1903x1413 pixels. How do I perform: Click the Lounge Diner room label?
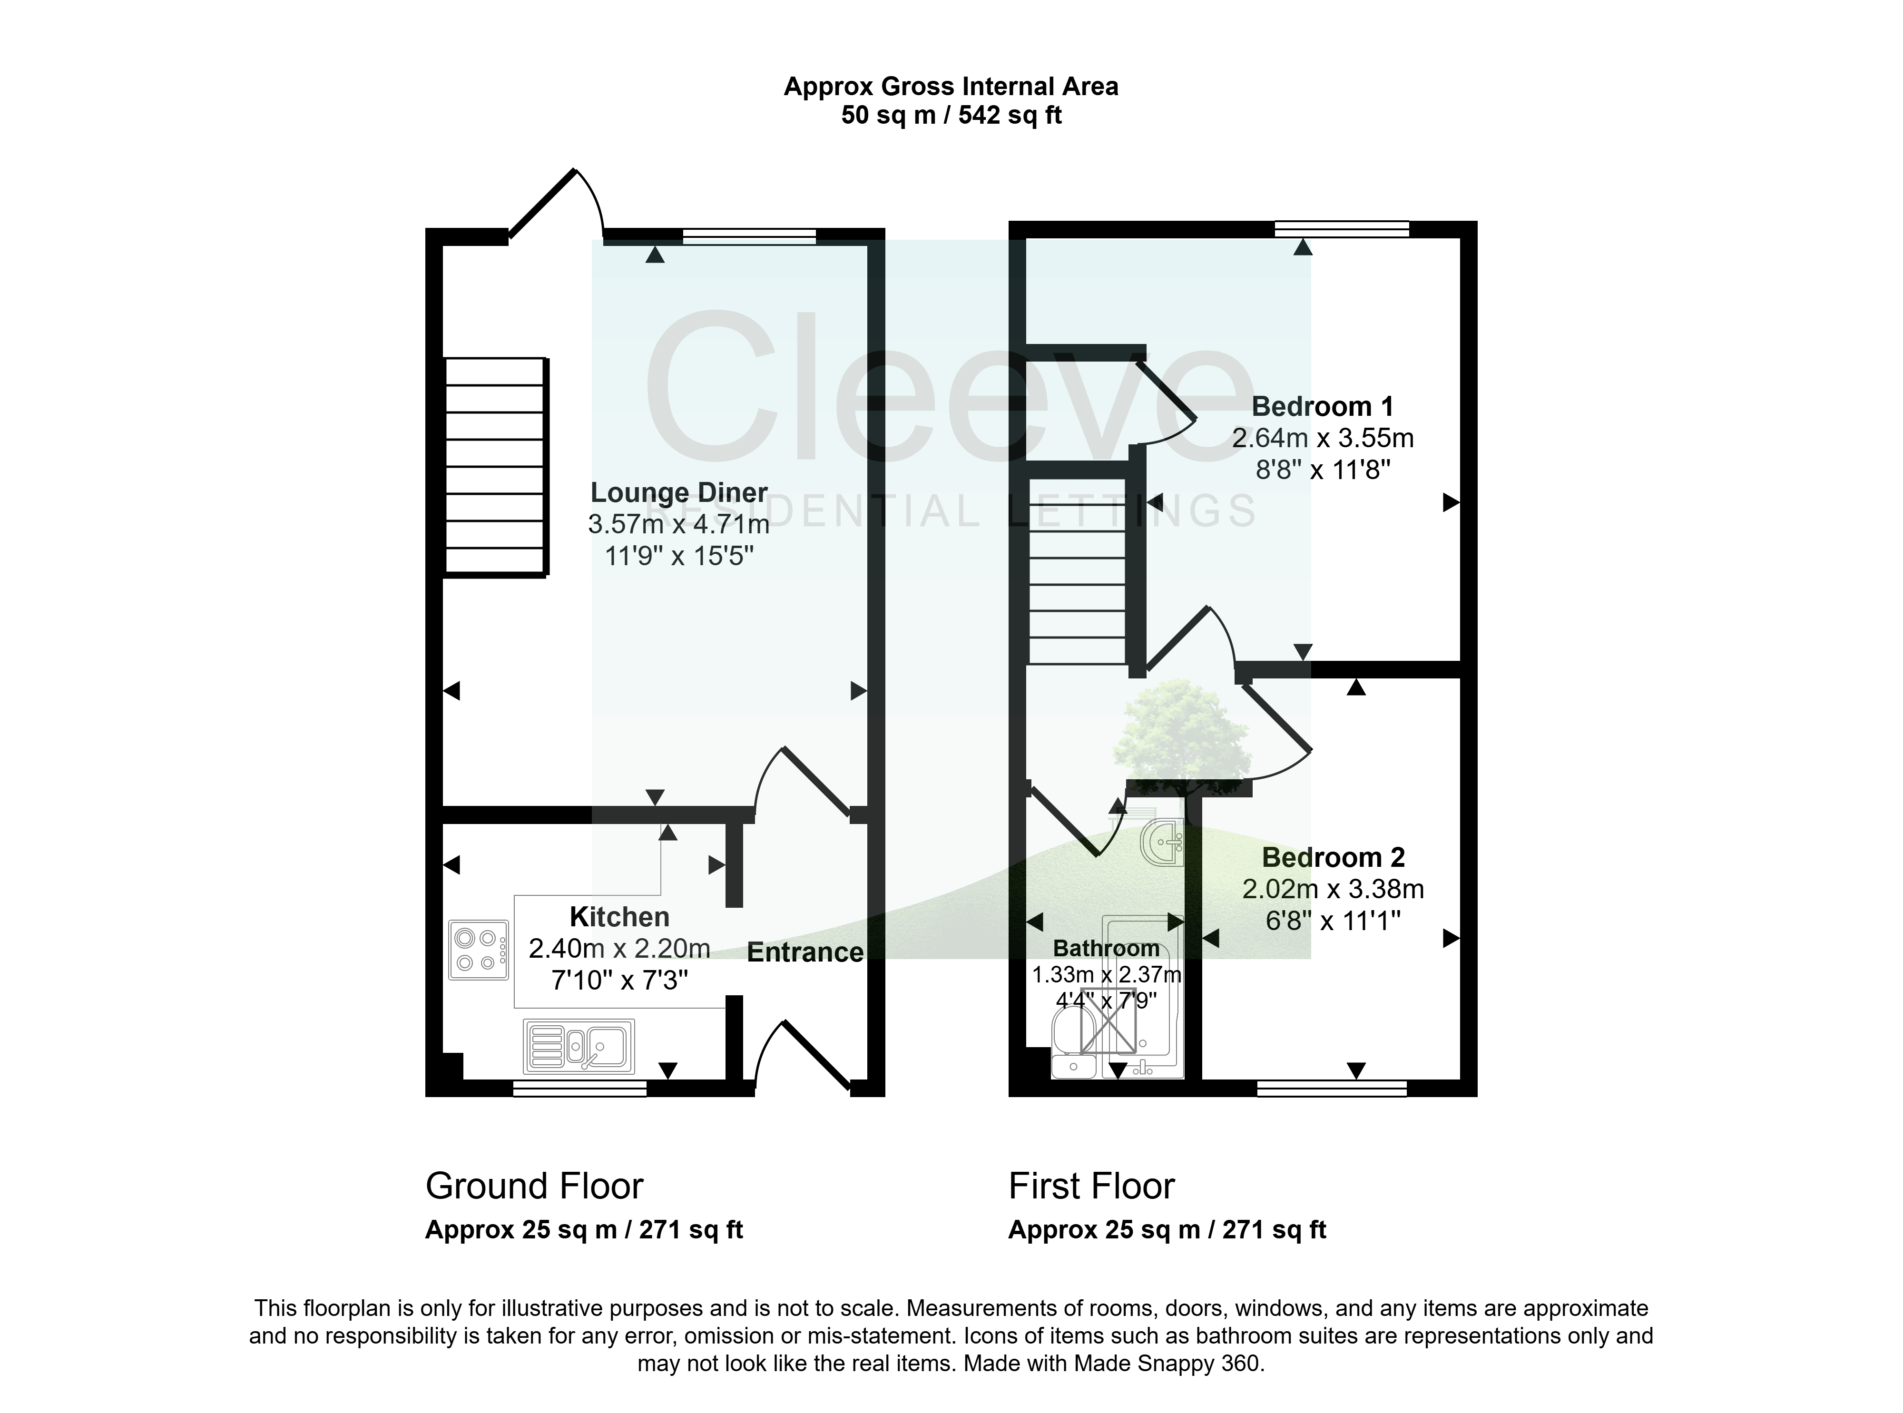tap(679, 493)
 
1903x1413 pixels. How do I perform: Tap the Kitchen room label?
tap(619, 917)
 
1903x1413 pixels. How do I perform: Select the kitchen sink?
tap(579, 1046)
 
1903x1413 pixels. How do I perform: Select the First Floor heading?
tap(1091, 1187)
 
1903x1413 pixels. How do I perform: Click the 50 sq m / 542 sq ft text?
tap(951, 115)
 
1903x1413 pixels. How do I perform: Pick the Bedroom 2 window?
tap(1332, 1088)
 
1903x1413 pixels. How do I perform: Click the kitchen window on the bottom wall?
tap(580, 1088)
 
